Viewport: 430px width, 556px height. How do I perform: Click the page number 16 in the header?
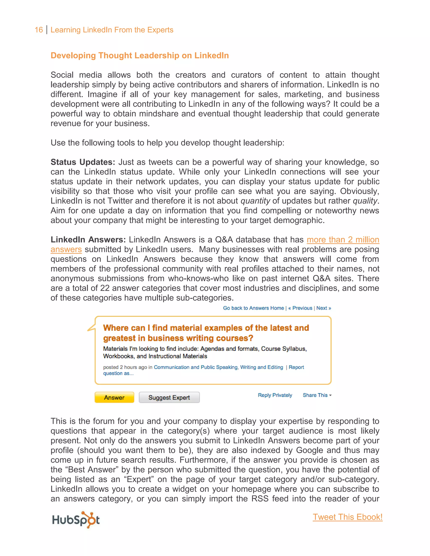click(39, 30)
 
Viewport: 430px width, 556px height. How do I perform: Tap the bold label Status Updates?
click(83, 162)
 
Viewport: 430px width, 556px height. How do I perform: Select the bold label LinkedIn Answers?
click(88, 240)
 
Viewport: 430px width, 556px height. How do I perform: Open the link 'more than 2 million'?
click(343, 240)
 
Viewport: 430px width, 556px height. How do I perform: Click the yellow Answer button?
click(114, 397)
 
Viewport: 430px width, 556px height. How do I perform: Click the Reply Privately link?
click(275, 395)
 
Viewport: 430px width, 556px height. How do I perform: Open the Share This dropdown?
click(317, 395)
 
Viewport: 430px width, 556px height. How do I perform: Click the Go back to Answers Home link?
click(253, 308)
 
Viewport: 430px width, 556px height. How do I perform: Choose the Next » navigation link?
click(324, 308)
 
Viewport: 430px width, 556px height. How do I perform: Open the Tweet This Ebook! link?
click(347, 517)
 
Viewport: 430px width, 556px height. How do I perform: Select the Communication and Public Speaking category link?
click(195, 367)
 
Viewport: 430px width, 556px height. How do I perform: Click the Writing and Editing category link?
click(261, 367)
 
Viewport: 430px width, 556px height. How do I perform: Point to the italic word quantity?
click(255, 201)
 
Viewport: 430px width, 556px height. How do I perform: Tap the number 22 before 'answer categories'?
click(105, 288)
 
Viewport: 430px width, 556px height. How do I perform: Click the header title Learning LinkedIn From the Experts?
click(112, 30)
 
